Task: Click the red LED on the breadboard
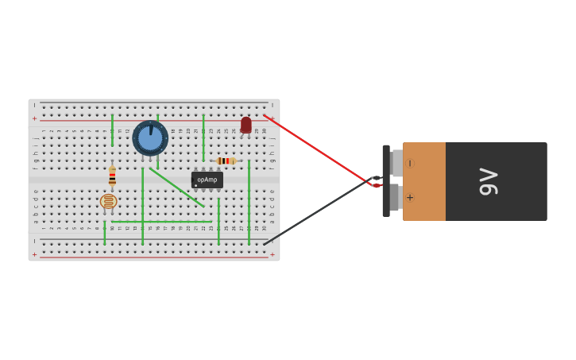pyautogui.click(x=246, y=125)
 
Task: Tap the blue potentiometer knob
pyautogui.click(x=150, y=138)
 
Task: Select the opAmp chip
pyautogui.click(x=207, y=180)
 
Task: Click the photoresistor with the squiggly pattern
pyautogui.click(x=109, y=202)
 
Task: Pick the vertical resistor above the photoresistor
pyautogui.click(x=112, y=176)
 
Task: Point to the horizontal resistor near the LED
pyautogui.click(x=226, y=161)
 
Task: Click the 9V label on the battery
pyautogui.click(x=488, y=182)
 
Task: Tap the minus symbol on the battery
pyautogui.click(x=410, y=164)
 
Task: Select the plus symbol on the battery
pyautogui.click(x=410, y=198)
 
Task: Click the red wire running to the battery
pyautogui.click(x=318, y=150)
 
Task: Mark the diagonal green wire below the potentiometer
pyautogui.click(x=176, y=188)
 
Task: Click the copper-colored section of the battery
pyautogui.click(x=425, y=181)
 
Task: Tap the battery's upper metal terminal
pyautogui.click(x=396, y=163)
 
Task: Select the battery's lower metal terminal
pyautogui.click(x=396, y=197)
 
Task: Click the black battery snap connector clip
pyautogui.click(x=386, y=181)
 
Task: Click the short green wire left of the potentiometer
pyautogui.click(x=112, y=130)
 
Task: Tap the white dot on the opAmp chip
pyautogui.click(x=196, y=185)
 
